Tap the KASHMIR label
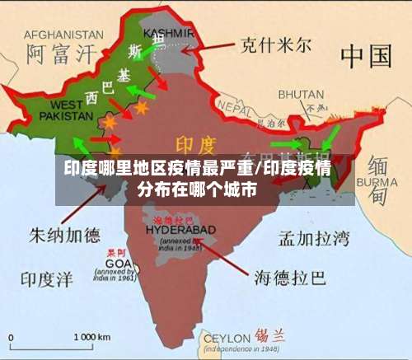point(167,33)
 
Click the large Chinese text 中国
point(365,56)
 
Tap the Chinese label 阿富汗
point(61,55)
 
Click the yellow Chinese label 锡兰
point(271,335)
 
